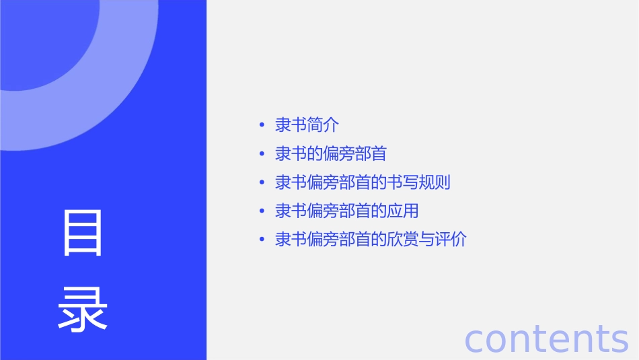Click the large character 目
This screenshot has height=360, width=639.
pyautogui.click(x=83, y=233)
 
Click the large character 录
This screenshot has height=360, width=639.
pyautogui.click(x=83, y=309)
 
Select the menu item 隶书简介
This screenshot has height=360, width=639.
pyautogui.click(x=307, y=125)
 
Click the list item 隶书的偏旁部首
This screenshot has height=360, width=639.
pyautogui.click(x=331, y=154)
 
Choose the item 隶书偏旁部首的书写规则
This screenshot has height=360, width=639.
pyautogui.click(x=363, y=182)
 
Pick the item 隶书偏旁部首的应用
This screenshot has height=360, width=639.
pyautogui.click(x=347, y=211)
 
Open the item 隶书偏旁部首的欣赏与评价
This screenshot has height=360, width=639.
pyautogui.click(x=371, y=240)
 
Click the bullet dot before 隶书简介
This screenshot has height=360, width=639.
pyautogui.click(x=262, y=125)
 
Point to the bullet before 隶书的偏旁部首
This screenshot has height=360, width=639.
pyautogui.click(x=262, y=154)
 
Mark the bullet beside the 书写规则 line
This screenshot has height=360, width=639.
pyautogui.click(x=262, y=182)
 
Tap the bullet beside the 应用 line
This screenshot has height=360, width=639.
pyautogui.click(x=262, y=211)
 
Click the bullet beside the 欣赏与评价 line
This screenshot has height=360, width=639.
pyautogui.click(x=262, y=240)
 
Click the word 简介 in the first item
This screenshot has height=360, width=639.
pyautogui.click(x=323, y=125)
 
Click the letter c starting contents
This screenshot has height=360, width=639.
pyautogui.click(x=475, y=340)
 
